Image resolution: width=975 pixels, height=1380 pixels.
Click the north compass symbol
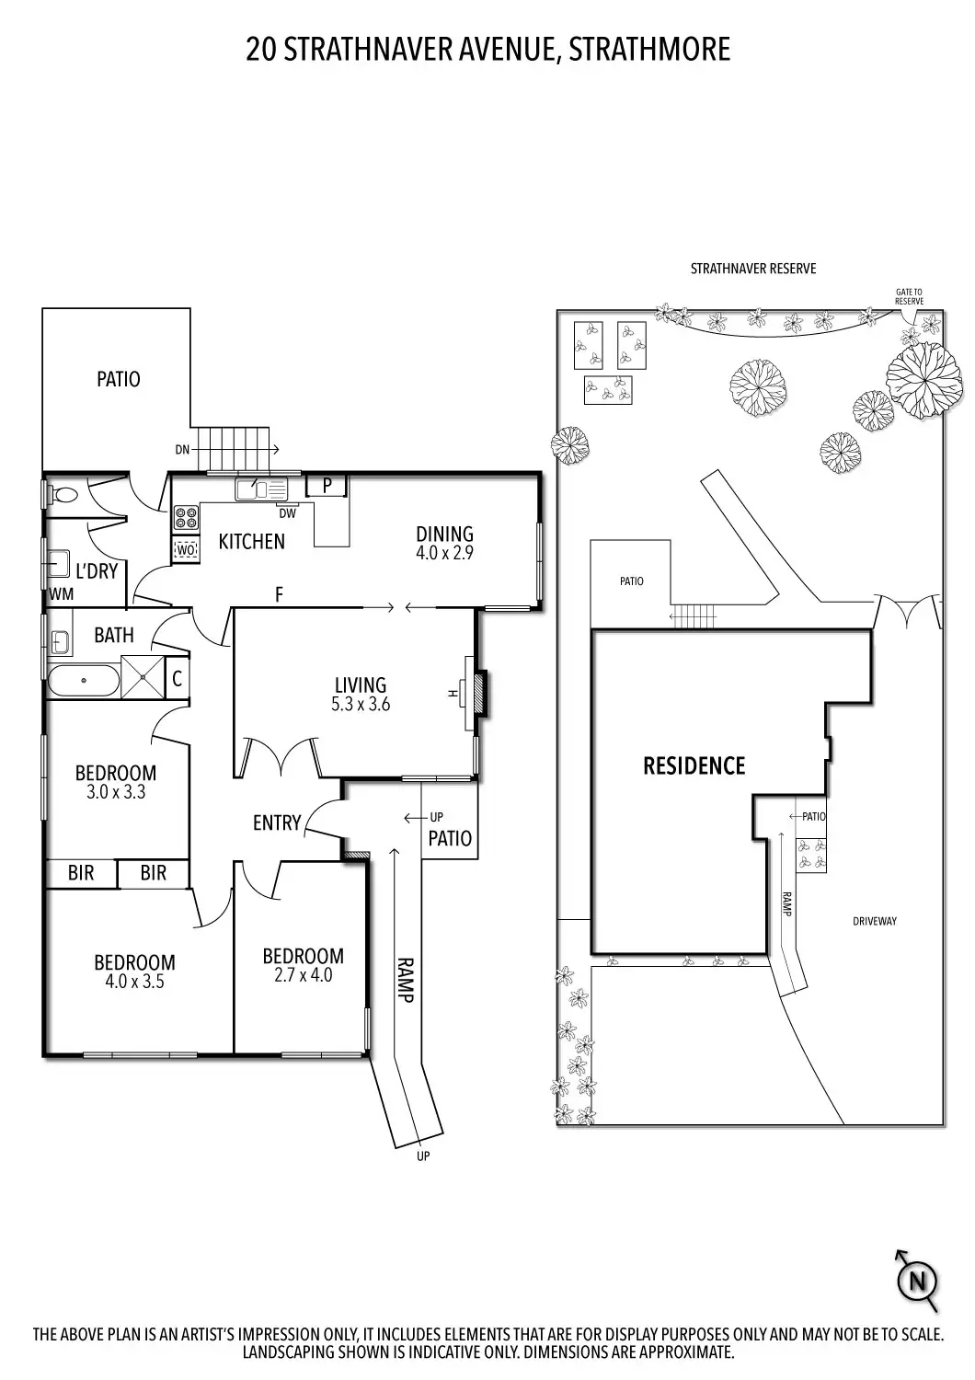pos(917,1280)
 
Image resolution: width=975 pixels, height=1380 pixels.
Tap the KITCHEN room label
pos(251,542)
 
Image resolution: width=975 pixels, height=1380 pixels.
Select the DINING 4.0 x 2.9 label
pos(444,543)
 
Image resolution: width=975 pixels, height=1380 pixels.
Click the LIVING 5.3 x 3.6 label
pos(360,695)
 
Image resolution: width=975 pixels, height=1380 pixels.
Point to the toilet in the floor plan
pos(65,495)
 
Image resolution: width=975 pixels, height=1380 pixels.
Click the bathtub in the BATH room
pos(83,681)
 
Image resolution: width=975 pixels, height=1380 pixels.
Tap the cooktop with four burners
pos(186,518)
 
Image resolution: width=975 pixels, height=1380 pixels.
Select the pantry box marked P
pos(327,486)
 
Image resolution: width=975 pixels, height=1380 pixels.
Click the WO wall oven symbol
pos(186,550)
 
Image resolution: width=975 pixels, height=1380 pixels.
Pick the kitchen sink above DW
pos(262,490)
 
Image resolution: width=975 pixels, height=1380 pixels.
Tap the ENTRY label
pos(277,822)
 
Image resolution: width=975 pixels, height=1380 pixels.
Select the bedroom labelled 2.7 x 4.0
pos(303,965)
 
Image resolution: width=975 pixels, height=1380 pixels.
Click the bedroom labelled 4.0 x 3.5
pos(134,972)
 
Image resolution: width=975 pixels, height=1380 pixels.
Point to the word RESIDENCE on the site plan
pos(694,765)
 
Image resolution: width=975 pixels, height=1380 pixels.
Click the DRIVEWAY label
pos(874,921)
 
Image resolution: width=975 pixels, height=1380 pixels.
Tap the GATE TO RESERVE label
pos(909,296)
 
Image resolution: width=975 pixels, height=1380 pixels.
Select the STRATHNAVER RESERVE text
pos(752,269)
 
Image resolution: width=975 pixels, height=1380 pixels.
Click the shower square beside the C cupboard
pos(143,679)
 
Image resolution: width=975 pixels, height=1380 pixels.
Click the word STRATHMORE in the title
pos(649,50)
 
